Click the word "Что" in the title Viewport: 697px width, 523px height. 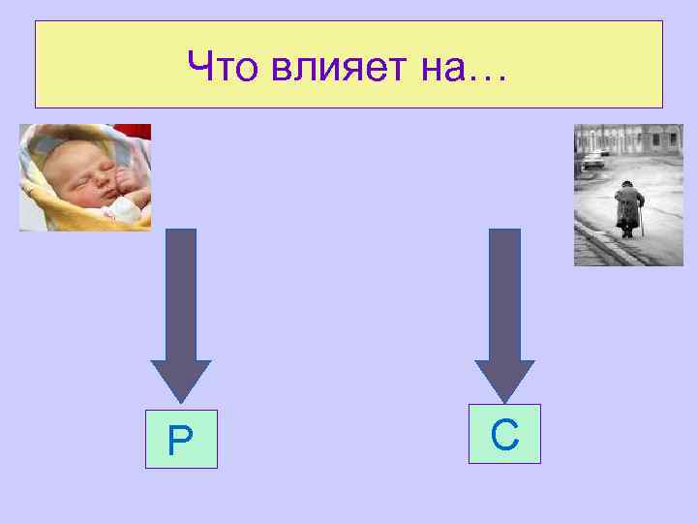click(218, 67)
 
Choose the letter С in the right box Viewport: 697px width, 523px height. click(504, 435)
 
